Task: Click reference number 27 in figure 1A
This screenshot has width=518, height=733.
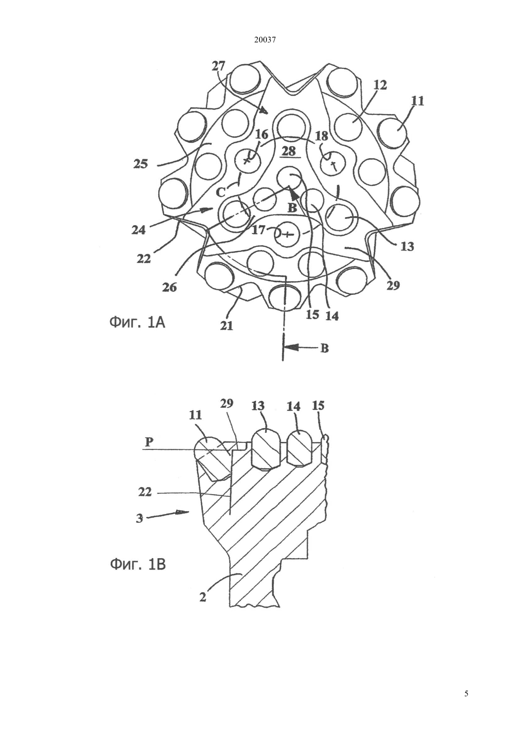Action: pos(219,66)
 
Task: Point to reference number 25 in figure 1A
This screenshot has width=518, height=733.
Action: pos(141,163)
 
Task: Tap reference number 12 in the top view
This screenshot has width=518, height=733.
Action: pos(380,85)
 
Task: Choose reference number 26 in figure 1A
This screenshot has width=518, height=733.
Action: pos(170,287)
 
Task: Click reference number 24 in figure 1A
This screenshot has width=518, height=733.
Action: pos(138,230)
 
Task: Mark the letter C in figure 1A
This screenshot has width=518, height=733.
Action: pos(221,193)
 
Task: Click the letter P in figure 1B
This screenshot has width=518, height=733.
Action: pos(149,442)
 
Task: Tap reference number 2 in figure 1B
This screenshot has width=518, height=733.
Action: pos(203,597)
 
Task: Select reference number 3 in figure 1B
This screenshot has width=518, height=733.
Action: pos(140,519)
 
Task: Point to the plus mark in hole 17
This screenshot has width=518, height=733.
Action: pos(287,234)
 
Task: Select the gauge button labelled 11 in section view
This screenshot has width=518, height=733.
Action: pos(212,459)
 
